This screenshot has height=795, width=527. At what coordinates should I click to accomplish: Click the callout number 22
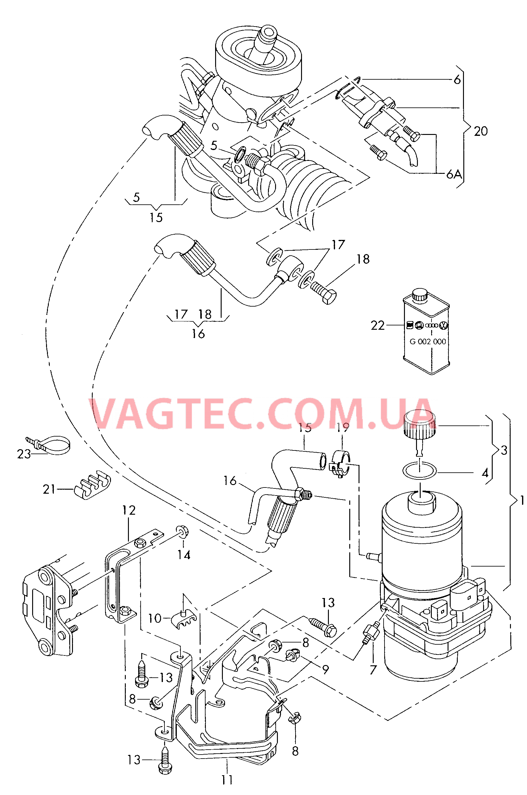click(x=377, y=325)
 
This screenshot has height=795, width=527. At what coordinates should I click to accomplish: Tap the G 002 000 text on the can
click(x=427, y=341)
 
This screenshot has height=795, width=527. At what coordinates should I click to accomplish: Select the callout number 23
click(x=24, y=454)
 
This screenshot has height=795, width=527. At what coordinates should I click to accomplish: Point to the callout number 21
click(x=49, y=489)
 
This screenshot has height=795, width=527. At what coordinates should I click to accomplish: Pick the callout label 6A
click(x=454, y=174)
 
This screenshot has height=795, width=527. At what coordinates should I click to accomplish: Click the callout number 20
click(x=481, y=131)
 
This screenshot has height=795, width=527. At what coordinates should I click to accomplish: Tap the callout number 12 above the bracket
click(x=129, y=510)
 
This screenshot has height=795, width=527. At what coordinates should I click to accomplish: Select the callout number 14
click(x=184, y=555)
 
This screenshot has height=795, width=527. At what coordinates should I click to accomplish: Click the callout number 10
click(x=155, y=618)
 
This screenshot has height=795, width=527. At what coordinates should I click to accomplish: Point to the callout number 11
click(x=227, y=780)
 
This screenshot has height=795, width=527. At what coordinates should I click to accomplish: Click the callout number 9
click(x=325, y=669)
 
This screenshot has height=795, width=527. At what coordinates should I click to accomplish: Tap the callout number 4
click(x=485, y=473)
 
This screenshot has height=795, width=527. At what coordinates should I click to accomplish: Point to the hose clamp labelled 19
click(x=340, y=463)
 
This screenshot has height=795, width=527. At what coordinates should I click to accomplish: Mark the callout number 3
click(x=504, y=450)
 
